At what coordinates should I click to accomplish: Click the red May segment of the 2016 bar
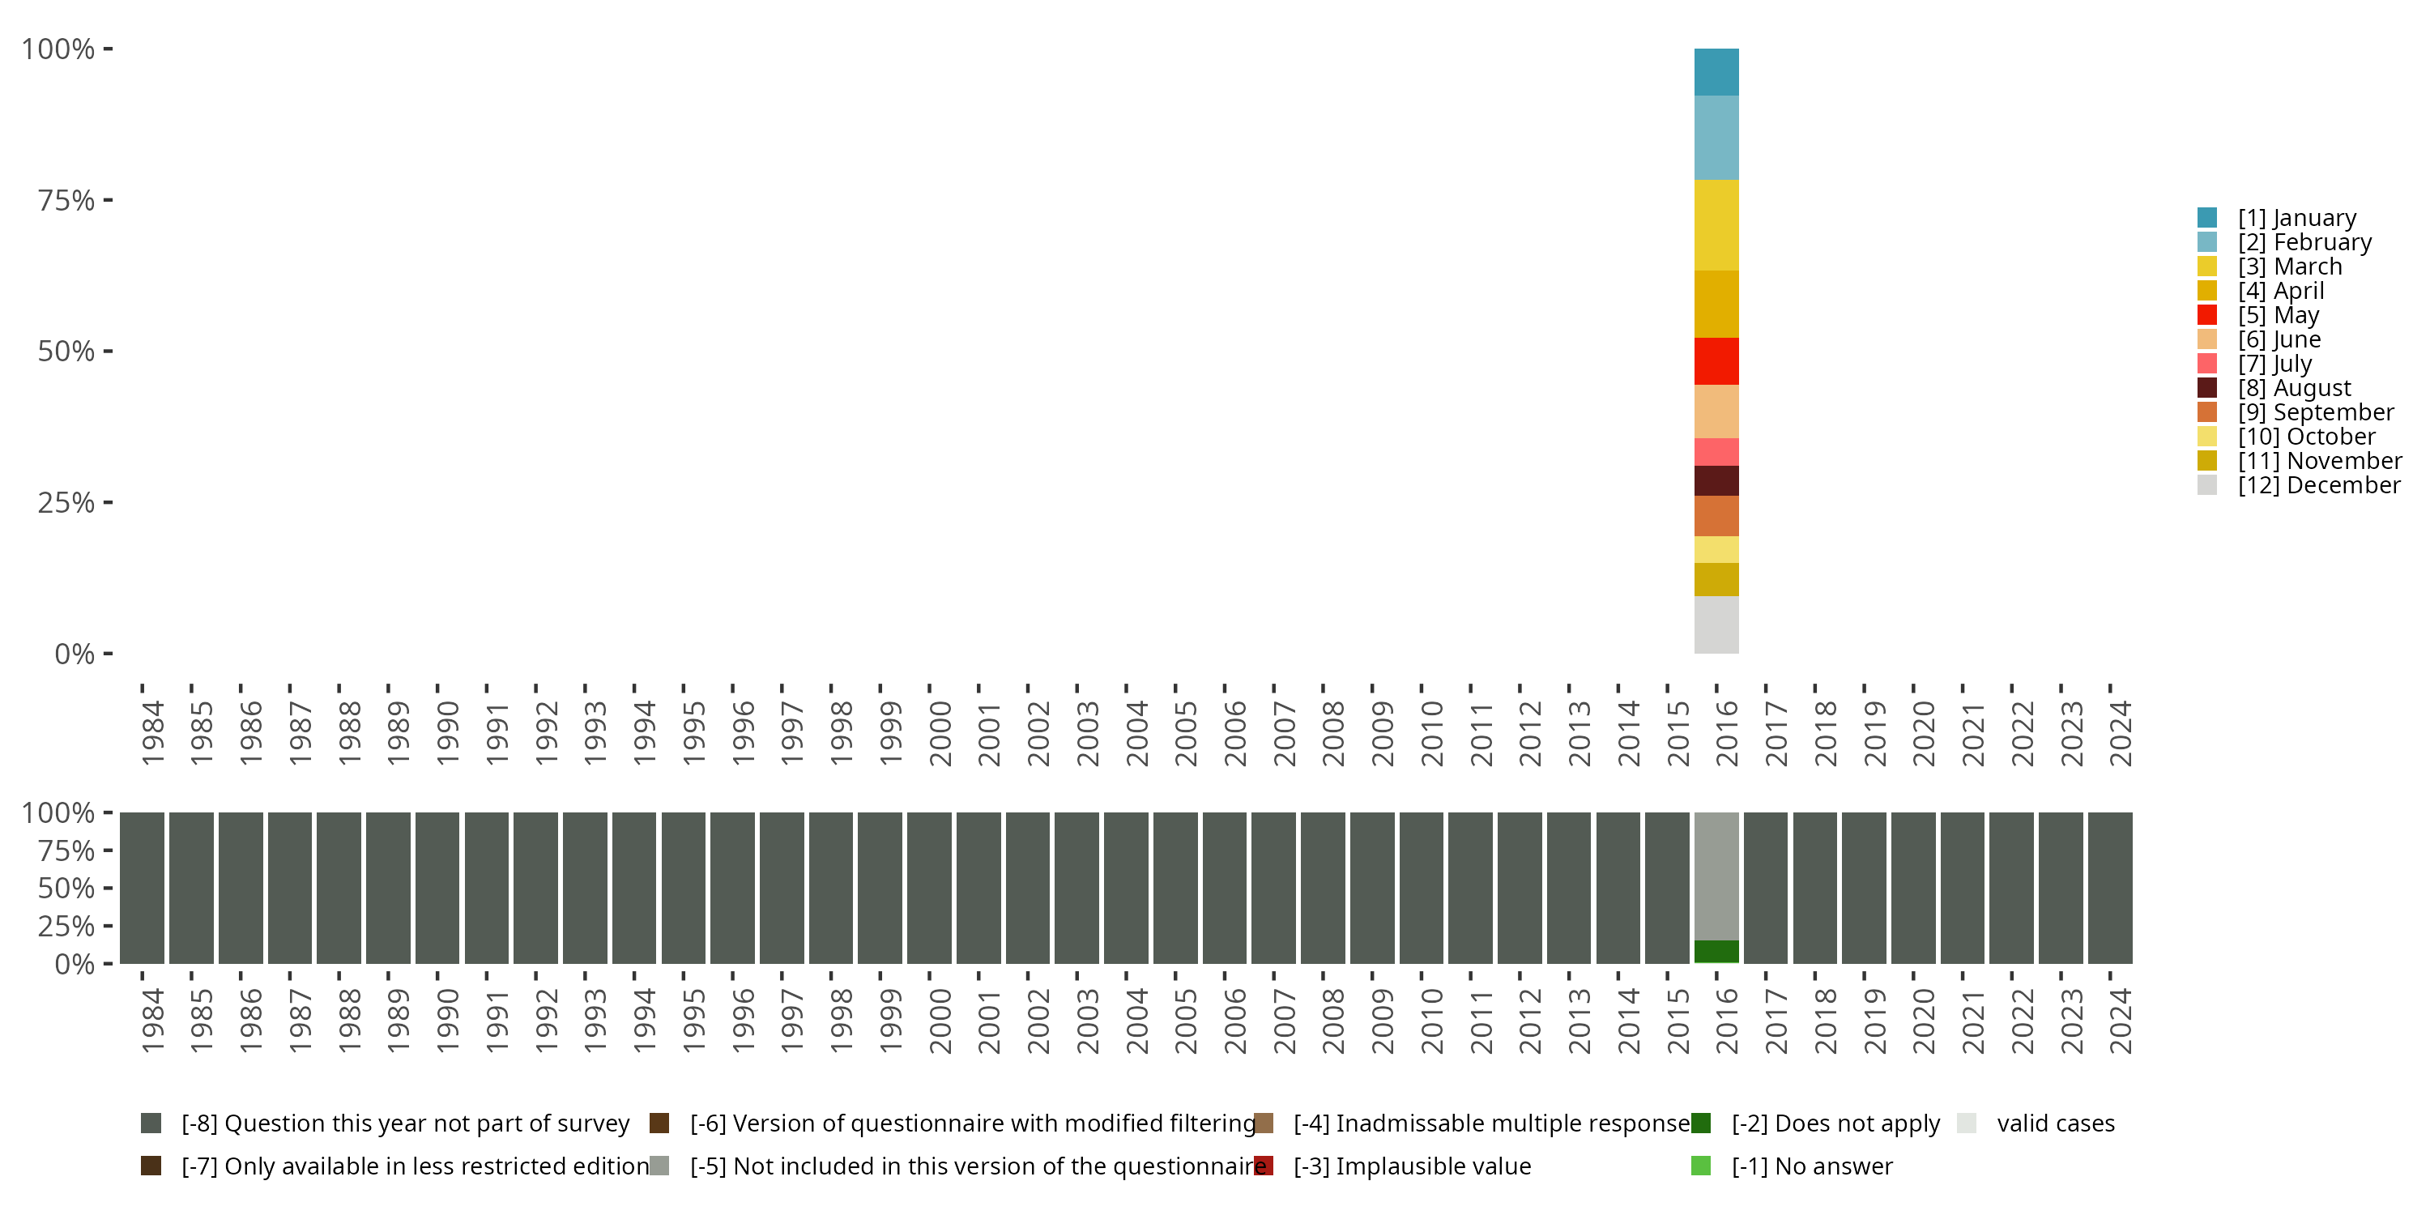[x=1716, y=361]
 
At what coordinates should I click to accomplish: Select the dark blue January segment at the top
[x=1716, y=72]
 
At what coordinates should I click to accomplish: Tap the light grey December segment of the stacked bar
[x=1716, y=625]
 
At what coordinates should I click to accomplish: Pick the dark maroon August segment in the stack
[x=1716, y=481]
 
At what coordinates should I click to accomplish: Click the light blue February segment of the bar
[x=1716, y=138]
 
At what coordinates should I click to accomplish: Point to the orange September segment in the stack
[x=1716, y=516]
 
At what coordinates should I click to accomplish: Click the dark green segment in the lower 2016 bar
[x=1716, y=951]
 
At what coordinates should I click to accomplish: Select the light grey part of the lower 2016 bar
[x=1716, y=876]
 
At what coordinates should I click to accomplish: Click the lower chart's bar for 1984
[x=142, y=888]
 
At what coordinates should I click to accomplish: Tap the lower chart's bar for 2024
[x=2110, y=888]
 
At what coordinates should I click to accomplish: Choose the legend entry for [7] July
[x=2274, y=364]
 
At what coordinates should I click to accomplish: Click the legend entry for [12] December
[x=2317, y=486]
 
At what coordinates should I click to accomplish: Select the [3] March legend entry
[x=2288, y=267]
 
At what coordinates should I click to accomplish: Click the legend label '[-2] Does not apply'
[x=1835, y=1123]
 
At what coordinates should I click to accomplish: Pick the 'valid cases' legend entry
[x=2054, y=1123]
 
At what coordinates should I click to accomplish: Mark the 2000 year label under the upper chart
[x=940, y=733]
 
